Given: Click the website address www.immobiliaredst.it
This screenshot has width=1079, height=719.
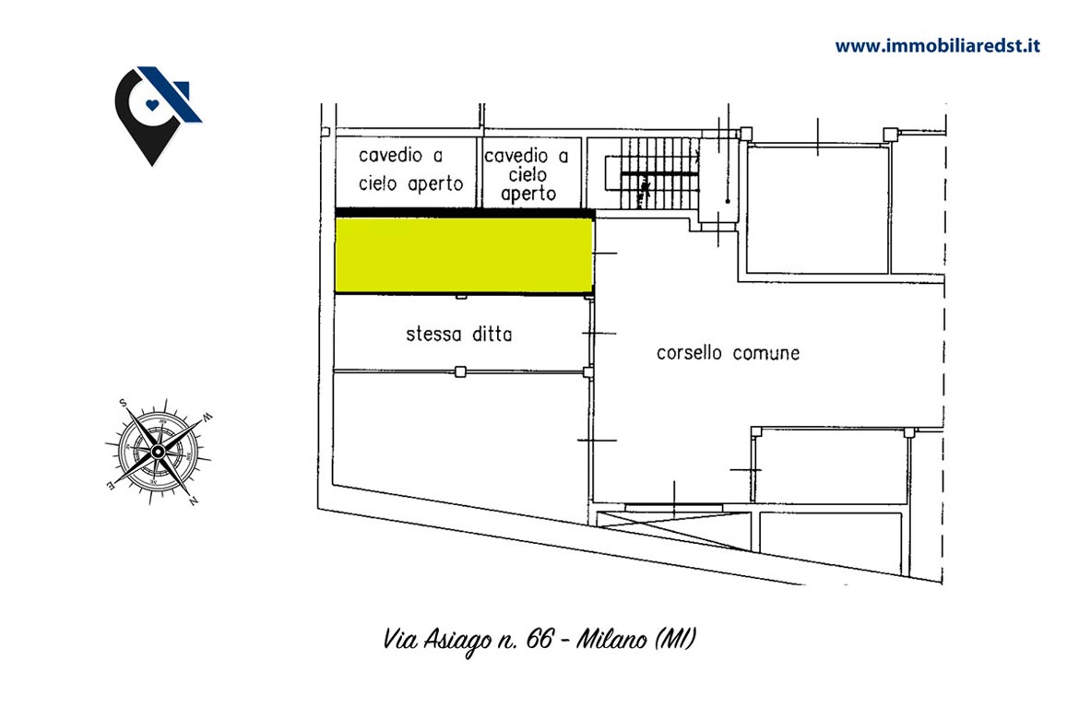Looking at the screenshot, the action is pos(937,46).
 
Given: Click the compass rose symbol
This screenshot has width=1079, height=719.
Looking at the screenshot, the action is pos(159,452).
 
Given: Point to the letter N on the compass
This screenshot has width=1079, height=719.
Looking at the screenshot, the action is pos(194,501).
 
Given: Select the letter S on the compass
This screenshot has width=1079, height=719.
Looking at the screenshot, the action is pos(124,403).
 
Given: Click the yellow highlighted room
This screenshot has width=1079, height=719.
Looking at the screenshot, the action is pos(464,255).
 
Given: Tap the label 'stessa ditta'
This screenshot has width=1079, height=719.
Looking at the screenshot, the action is pos(459,335).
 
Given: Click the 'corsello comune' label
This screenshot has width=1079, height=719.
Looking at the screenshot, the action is pos(728,353).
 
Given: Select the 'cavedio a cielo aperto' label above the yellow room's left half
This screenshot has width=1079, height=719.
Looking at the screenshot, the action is pos(410,170).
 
